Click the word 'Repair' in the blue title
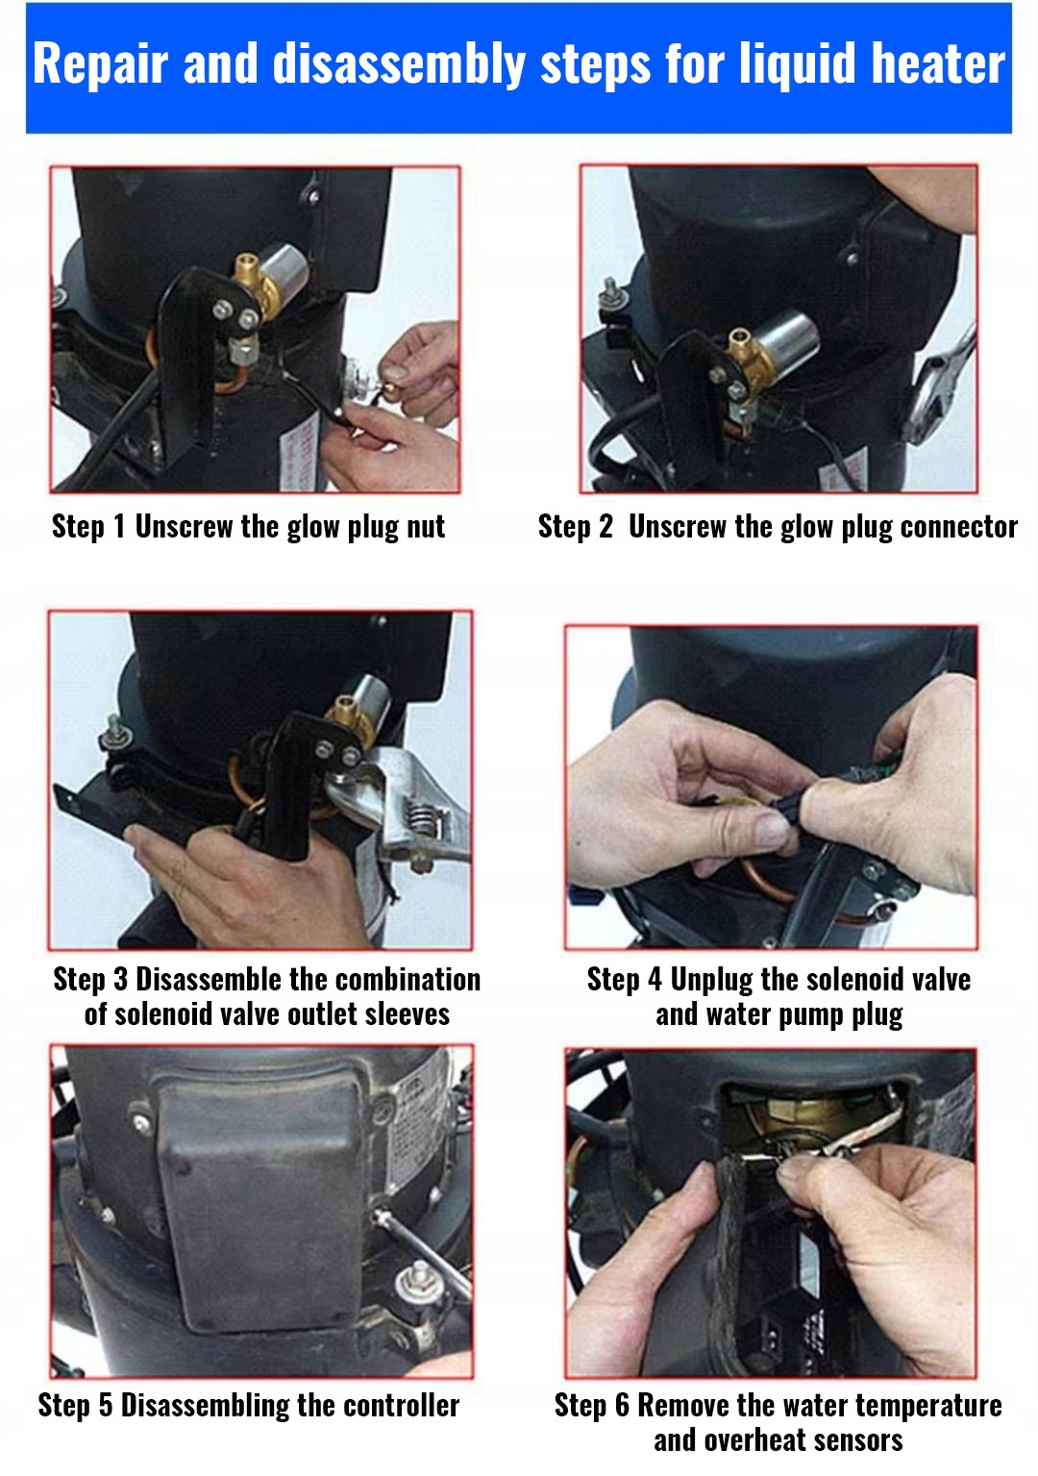[x=100, y=63]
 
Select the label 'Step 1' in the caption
[x=88, y=527]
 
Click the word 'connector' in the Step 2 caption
[x=958, y=527]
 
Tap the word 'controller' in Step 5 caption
[x=401, y=1406]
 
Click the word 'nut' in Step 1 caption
[x=426, y=528]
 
